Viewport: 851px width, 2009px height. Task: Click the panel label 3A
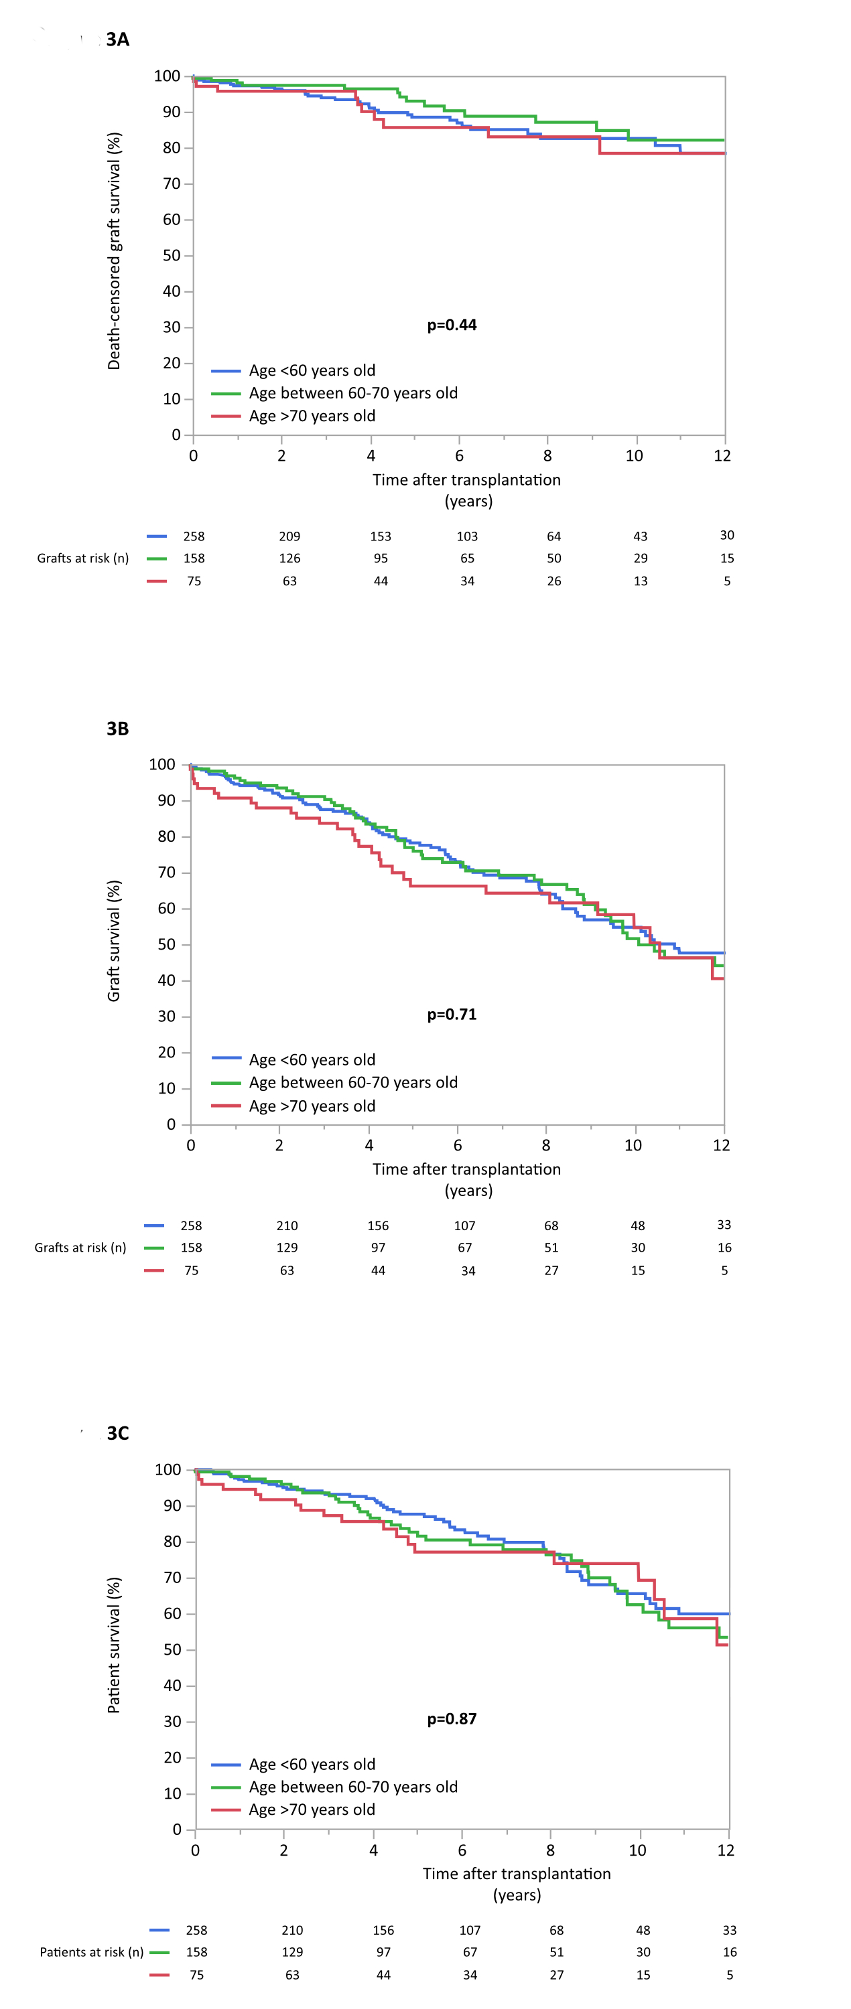point(118,40)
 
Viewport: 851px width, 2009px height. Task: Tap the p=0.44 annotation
point(452,325)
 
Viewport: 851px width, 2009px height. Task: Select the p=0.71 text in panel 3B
point(452,1015)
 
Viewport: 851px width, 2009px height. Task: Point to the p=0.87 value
point(452,1719)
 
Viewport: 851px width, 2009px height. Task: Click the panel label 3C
point(118,1434)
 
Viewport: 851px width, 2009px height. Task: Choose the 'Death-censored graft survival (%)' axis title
point(114,251)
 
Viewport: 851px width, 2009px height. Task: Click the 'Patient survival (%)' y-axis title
point(114,1645)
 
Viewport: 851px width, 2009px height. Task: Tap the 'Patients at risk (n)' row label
point(91,1952)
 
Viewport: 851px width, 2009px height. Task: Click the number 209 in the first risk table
point(289,536)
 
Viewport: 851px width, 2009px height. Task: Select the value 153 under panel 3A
point(381,536)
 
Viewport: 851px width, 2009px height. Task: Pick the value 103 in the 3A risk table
point(467,536)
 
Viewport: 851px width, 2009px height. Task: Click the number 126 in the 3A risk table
point(289,559)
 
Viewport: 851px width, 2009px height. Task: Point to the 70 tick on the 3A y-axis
point(172,184)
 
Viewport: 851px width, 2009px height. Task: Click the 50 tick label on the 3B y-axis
point(167,944)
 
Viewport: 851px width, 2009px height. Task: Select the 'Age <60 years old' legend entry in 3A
point(312,370)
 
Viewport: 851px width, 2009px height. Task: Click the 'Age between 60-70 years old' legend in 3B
point(353,1082)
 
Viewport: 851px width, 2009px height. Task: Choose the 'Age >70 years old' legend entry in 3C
point(312,1810)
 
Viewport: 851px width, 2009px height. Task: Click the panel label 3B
point(118,729)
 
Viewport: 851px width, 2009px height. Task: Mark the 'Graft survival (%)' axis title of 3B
point(114,941)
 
